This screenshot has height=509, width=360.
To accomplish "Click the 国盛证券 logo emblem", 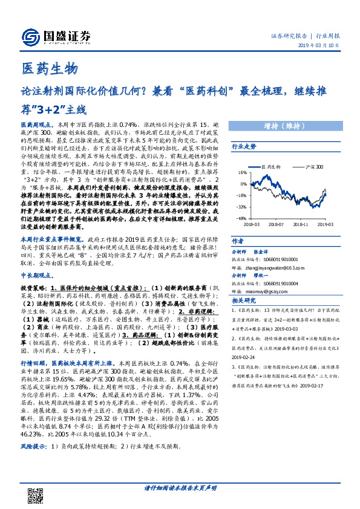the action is (x=31, y=36).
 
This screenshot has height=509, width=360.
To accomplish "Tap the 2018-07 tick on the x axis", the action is (x=277, y=223).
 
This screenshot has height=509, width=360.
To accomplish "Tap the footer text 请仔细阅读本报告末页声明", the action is (x=180, y=487).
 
